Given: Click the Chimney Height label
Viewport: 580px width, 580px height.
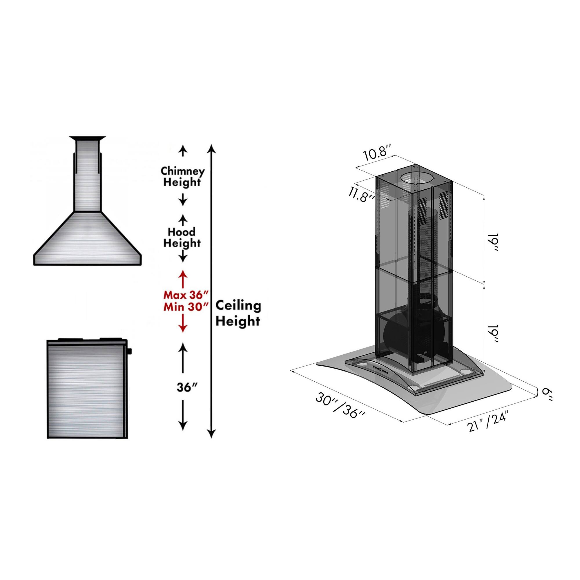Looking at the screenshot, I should [182, 177].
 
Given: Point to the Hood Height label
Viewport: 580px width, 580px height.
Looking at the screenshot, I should [182, 238].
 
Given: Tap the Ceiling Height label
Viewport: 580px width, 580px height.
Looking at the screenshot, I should [238, 313].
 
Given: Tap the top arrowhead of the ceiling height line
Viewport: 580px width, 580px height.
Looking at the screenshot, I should [212, 148].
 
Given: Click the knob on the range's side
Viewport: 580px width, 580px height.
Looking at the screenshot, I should [130, 350].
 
